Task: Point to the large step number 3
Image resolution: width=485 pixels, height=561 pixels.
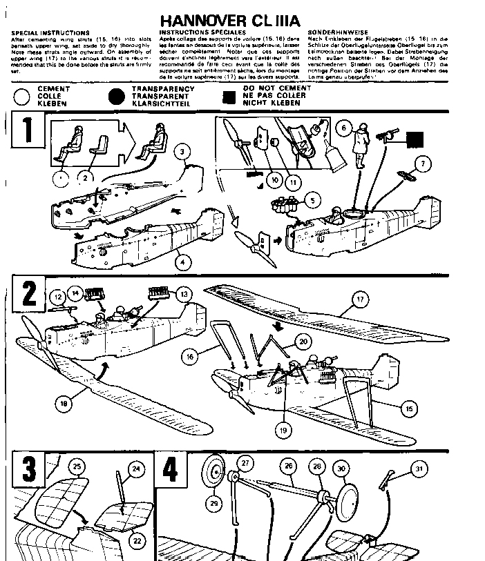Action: (x=28, y=470)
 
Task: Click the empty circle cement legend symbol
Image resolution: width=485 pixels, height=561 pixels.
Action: (x=23, y=96)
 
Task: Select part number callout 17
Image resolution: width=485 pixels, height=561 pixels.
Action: (x=361, y=299)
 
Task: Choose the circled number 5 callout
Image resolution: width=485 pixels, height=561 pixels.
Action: (x=312, y=201)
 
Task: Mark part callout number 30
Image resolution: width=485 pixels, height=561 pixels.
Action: (x=340, y=468)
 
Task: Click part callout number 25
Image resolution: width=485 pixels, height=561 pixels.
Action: (x=78, y=467)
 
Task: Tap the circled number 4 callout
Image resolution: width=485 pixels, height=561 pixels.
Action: (x=182, y=263)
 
